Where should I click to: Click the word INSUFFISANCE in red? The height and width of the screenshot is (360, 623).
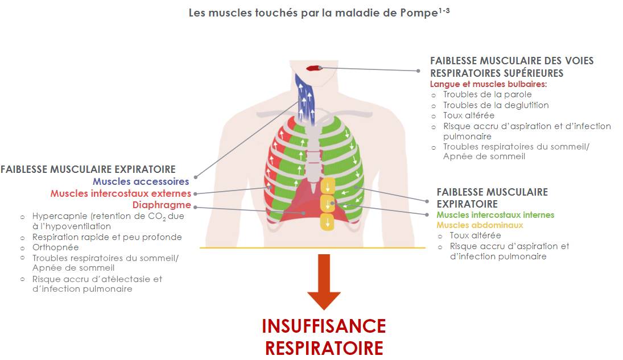click(x=324, y=326)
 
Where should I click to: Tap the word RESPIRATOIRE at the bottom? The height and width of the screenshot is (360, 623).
click(x=324, y=347)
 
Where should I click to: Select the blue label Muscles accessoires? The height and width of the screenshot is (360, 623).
click(x=141, y=182)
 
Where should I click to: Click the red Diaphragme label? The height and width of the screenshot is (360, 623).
click(x=162, y=205)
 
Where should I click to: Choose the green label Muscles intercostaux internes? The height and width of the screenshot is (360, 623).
click(x=495, y=215)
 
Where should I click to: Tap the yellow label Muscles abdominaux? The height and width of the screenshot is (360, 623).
click(x=480, y=225)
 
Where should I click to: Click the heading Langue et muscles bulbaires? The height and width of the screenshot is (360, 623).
click(x=488, y=84)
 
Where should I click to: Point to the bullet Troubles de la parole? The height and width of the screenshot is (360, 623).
click(x=488, y=94)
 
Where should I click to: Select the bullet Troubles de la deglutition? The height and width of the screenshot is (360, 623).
click(x=496, y=105)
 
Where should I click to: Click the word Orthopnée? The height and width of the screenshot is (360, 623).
click(x=56, y=247)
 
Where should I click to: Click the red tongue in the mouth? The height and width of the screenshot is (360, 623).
click(x=313, y=68)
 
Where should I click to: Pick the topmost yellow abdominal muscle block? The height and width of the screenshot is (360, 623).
click(x=328, y=186)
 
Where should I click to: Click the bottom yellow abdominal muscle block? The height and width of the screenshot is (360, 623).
click(x=328, y=222)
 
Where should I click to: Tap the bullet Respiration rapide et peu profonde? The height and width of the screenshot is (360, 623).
click(x=107, y=237)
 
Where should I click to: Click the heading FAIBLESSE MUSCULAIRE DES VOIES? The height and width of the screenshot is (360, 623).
click(x=511, y=61)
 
